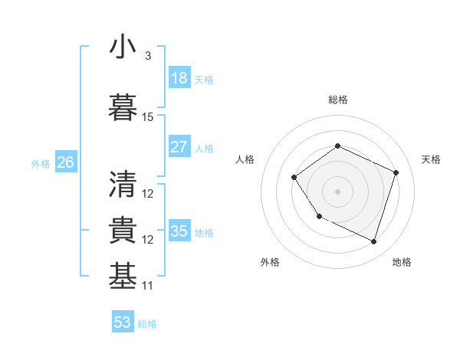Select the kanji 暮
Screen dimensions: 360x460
(123, 107)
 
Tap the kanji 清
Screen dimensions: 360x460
(123, 184)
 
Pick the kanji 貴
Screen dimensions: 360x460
(123, 231)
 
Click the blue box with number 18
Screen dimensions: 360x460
(179, 78)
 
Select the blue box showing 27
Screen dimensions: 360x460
(179, 147)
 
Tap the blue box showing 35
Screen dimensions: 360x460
(179, 231)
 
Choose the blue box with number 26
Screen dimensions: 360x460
(65, 162)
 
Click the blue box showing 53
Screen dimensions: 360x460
(123, 322)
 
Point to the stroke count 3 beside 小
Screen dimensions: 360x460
(147, 56)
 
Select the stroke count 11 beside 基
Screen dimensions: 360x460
(148, 286)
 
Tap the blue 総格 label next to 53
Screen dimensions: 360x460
(147, 324)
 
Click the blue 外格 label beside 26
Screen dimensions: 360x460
(41, 163)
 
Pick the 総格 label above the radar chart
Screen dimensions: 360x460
(337, 100)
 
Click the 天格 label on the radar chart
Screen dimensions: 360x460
(431, 159)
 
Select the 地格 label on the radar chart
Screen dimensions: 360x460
(402, 262)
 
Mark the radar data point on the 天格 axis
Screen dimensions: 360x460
(396, 172)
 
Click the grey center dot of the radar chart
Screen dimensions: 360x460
(337, 191)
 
